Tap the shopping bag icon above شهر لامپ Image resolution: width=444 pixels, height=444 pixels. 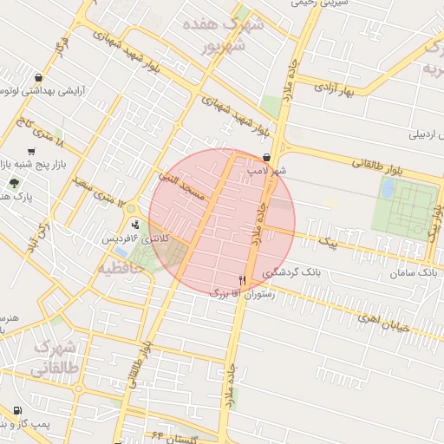[264, 158]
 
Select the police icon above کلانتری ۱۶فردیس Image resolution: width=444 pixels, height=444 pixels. [135, 225]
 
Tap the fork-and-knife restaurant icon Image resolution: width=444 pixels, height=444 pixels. [242, 281]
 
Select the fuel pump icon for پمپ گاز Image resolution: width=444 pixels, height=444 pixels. [17, 411]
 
